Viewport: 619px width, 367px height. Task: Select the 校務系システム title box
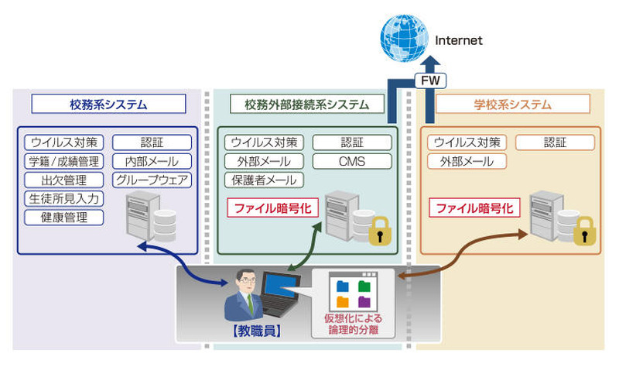click(108, 104)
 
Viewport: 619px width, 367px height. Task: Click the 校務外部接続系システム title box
click(307, 104)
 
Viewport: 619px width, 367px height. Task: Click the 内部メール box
click(152, 162)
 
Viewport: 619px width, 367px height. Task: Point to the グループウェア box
click(152, 180)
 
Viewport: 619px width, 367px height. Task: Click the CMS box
click(351, 162)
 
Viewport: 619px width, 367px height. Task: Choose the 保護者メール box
click(263, 180)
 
